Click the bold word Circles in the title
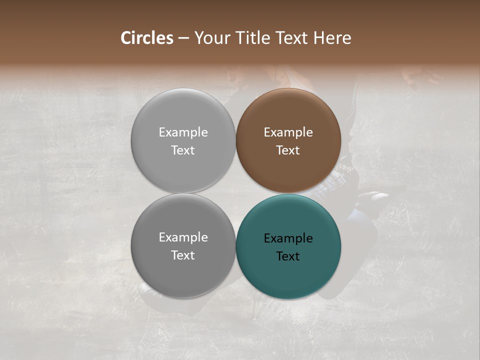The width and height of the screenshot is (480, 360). point(147,38)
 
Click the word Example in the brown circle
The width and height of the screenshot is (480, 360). point(288,132)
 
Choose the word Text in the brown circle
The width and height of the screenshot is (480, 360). point(288,150)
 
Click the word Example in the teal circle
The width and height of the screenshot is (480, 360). point(288,238)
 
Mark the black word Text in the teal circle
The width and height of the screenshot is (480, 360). point(288,256)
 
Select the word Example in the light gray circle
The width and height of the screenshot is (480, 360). point(183,132)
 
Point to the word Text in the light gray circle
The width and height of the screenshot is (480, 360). point(183,150)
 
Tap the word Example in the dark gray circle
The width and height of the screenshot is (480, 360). point(183,237)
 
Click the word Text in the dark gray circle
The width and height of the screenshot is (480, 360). point(183,255)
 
